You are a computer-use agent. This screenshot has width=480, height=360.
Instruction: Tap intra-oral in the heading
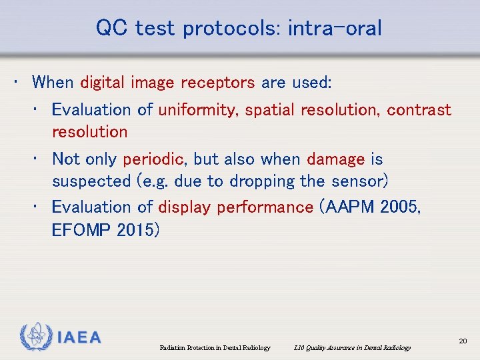pyautogui.click(x=335, y=28)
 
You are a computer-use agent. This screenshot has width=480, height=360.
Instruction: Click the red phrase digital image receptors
pyautogui.click(x=167, y=83)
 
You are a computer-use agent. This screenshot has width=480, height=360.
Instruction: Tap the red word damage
pyautogui.click(x=335, y=159)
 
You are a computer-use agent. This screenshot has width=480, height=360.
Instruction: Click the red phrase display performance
pyautogui.click(x=235, y=207)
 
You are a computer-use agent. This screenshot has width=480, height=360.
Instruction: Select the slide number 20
pyautogui.click(x=463, y=341)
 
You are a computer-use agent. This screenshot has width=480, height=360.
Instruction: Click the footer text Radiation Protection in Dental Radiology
pyautogui.click(x=215, y=347)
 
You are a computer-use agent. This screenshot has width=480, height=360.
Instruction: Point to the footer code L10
pyautogui.click(x=299, y=347)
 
